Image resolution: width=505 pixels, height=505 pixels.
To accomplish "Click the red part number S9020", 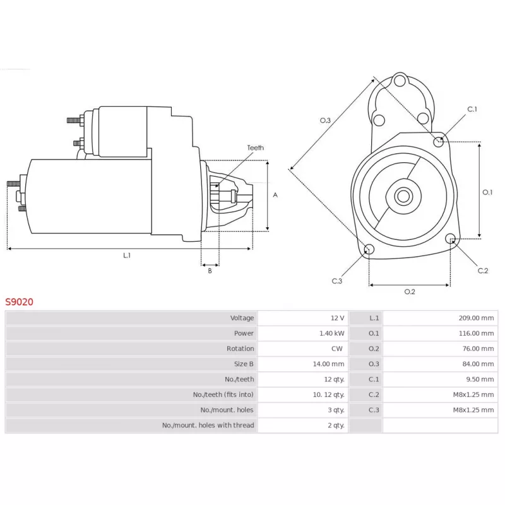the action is (20, 302).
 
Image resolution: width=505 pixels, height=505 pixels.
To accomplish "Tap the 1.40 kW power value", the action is (332, 333).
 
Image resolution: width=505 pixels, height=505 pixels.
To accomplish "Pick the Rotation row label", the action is (241, 348).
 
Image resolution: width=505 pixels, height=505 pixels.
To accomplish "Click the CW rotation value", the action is (337, 348).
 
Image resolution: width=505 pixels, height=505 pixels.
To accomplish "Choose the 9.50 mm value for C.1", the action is (480, 379).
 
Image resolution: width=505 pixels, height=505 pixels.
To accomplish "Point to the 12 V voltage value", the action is (337, 318).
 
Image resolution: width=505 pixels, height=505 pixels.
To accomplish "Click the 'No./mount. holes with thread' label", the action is (208, 425).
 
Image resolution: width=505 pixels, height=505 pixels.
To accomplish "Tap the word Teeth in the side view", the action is (256, 148).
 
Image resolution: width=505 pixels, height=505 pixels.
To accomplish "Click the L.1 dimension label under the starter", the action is (127, 256).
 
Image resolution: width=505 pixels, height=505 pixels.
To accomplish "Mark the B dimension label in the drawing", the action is (210, 271).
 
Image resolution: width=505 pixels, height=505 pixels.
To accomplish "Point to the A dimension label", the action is (275, 195).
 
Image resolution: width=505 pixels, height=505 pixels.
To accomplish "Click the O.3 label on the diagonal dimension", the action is (325, 121).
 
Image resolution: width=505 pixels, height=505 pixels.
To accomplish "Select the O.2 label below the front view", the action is (410, 292).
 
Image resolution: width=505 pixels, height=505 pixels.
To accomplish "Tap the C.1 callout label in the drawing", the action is (472, 109).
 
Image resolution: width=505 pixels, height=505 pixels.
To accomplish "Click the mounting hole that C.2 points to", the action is (451, 239).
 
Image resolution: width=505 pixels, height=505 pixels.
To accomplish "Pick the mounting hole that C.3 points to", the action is (369, 249).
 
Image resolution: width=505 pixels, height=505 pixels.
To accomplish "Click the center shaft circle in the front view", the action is (403, 196).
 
